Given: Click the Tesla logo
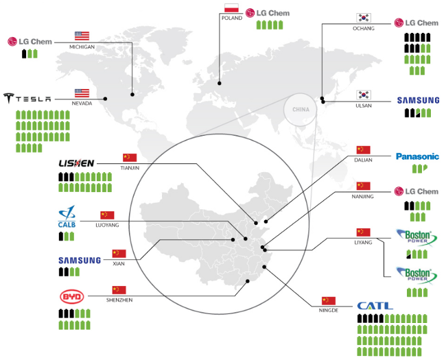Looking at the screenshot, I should coord(27,98).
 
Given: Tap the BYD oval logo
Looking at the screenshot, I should coord(73,297).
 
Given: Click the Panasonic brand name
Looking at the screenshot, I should coord(417,156).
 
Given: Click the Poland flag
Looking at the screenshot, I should coord(232,8).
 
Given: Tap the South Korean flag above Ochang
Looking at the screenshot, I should coord(364,18).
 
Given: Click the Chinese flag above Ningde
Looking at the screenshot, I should coord(329,300).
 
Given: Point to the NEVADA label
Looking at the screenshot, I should coord(82,104).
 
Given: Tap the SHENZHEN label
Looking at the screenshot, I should coord(119,300).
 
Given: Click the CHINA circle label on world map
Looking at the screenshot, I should coord(301,110).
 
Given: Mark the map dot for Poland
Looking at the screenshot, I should coord(220,84).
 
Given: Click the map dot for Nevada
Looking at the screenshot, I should coord(106,99).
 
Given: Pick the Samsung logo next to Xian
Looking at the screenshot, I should coord(80,261).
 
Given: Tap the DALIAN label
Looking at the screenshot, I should coord(364,160).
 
